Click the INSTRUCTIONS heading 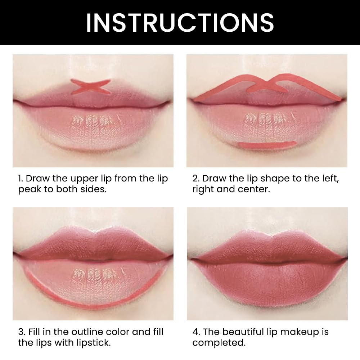point(180,22)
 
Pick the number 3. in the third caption point(22,332)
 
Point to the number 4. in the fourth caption point(196,332)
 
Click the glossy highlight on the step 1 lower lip point(93,122)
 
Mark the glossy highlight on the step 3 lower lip point(93,275)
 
